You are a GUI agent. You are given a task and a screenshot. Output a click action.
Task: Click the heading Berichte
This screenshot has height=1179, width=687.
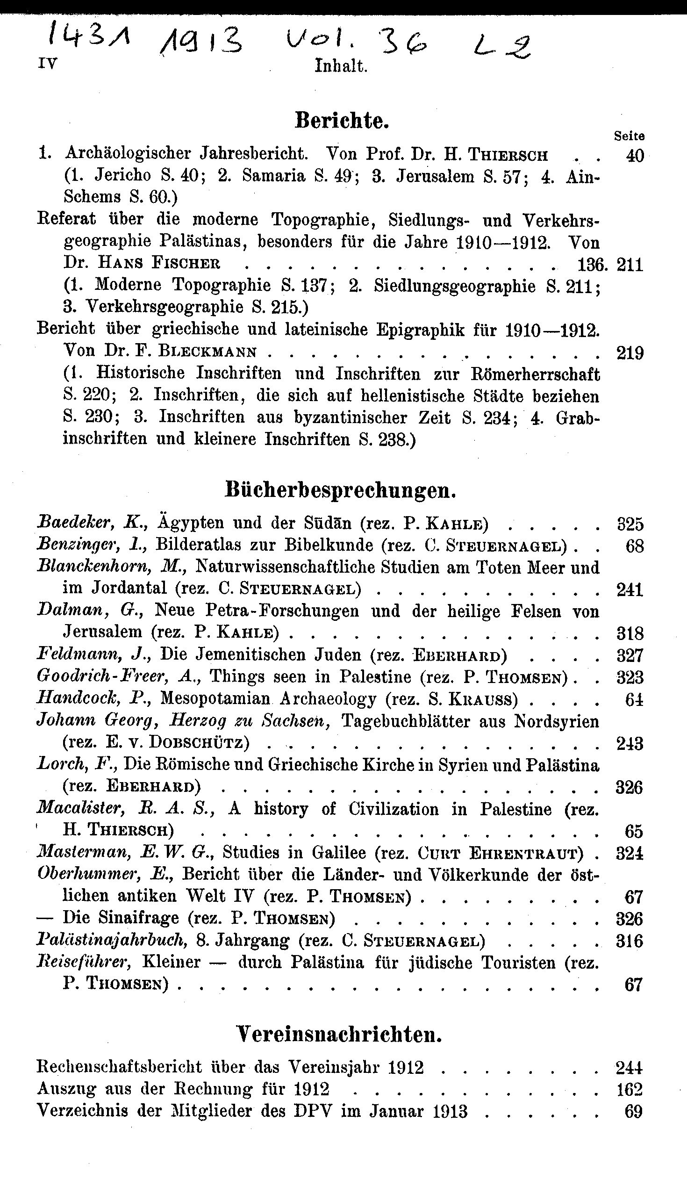pos(342,121)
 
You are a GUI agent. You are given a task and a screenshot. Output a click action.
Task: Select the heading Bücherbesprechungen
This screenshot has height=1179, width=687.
pos(340,490)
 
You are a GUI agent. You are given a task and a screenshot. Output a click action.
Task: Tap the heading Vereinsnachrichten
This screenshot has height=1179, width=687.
pos(339,1035)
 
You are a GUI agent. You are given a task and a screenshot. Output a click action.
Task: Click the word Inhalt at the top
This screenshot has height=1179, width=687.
pos(341,66)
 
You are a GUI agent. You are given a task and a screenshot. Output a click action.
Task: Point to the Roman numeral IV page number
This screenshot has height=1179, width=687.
pos(47,64)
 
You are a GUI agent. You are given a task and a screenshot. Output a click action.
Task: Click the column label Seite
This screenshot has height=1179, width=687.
pos(629,136)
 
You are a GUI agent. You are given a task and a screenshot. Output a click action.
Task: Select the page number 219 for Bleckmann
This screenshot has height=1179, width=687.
pos(630,353)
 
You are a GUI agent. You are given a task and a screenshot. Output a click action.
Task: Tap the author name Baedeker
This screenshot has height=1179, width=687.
pos(76,523)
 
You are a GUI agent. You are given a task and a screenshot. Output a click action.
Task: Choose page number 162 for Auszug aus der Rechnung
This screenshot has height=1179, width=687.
pos(630,1090)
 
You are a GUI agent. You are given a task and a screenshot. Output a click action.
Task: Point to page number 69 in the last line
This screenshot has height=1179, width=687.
pos(633,1112)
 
